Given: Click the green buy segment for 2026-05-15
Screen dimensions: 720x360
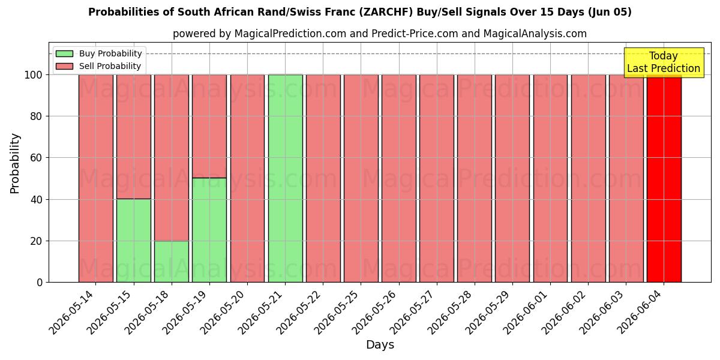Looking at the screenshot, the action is click(x=134, y=241).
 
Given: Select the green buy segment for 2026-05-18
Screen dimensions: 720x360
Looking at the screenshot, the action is click(x=172, y=262).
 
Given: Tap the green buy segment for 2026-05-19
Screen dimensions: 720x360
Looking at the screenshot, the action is click(x=209, y=230).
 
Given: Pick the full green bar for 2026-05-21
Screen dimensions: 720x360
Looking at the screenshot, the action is click(x=286, y=178).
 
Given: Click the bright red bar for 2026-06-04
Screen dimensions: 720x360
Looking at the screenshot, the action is click(x=664, y=178).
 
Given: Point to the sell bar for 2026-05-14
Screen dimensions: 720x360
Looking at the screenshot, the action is click(x=96, y=178).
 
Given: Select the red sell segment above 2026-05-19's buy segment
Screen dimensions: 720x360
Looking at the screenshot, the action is click(x=209, y=127).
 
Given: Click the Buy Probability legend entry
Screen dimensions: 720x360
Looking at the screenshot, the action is click(x=98, y=53).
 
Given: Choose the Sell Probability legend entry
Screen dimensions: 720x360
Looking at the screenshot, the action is click(x=98, y=66).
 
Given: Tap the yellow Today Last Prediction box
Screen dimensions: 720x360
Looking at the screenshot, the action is click(x=664, y=62).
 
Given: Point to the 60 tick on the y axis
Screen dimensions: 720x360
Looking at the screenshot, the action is click(x=36, y=158).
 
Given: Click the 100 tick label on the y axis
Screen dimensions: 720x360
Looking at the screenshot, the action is click(x=34, y=75).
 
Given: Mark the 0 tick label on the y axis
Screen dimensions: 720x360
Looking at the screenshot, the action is click(x=40, y=283).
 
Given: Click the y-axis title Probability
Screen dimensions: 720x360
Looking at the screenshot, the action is click(x=15, y=164).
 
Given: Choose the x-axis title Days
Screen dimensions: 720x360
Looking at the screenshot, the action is click(x=380, y=345).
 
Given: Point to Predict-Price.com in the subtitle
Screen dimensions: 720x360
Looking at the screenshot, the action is click(x=415, y=34).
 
